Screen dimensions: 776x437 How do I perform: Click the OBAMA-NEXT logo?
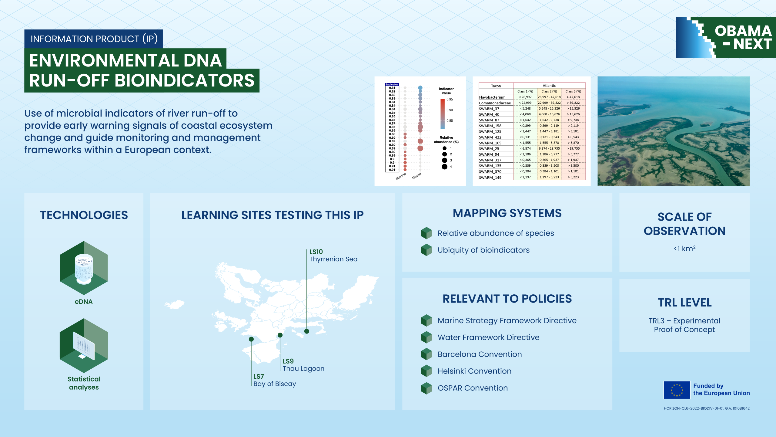tap(726, 37)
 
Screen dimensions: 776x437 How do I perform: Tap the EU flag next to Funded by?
tap(677, 390)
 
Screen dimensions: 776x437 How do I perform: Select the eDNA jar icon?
tap(84, 268)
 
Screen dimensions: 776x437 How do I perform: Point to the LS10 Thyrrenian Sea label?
tap(333, 256)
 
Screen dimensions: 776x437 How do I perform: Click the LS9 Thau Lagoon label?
tap(303, 365)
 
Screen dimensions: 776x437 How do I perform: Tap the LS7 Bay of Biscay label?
tap(275, 380)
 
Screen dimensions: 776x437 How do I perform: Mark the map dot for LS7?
tap(251, 339)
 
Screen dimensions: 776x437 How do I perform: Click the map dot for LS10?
tap(307, 331)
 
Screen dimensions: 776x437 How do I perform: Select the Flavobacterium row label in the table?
tap(492, 97)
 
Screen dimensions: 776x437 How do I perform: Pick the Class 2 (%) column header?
tap(549, 91)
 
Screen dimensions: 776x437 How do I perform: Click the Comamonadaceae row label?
tap(495, 103)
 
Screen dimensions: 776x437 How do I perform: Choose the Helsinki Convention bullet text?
tap(474, 371)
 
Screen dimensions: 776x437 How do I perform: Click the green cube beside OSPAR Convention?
tap(426, 388)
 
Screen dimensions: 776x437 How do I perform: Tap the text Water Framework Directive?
tap(488, 337)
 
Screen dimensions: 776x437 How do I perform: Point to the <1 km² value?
tap(684, 249)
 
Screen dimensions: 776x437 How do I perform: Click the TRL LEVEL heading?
tap(684, 303)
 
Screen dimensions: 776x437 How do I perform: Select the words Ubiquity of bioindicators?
tap(483, 250)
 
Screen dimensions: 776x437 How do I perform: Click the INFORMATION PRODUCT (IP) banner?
tap(94, 39)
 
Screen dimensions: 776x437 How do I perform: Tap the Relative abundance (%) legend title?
tap(446, 140)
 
